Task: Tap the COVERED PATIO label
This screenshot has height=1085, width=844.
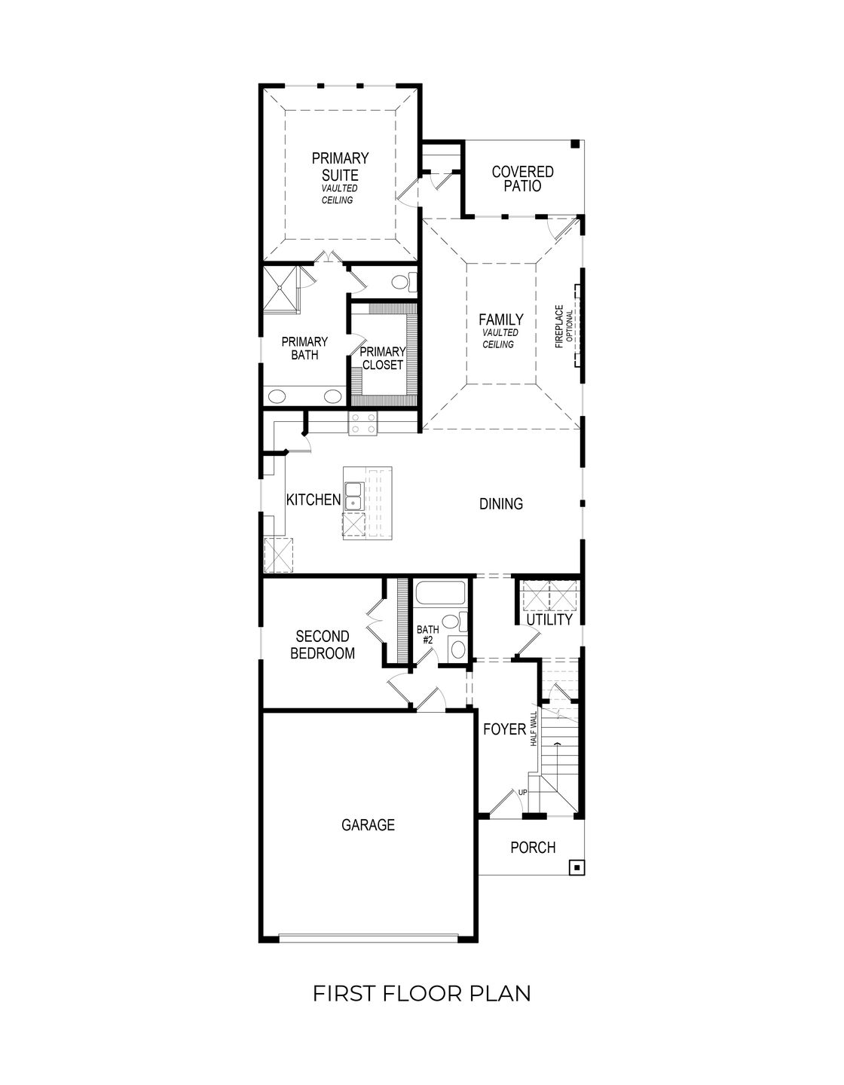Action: coord(522,179)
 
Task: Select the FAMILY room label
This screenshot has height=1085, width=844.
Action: coord(500,320)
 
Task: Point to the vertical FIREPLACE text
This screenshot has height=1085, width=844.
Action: coord(559,326)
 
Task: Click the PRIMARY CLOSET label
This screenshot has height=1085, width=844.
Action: coord(382,358)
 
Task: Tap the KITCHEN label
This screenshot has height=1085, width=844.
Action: coord(313,500)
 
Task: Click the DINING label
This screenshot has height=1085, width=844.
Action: coord(501,504)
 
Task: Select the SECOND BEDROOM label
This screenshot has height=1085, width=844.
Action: coord(323,645)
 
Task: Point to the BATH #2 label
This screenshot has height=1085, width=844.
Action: coord(427,634)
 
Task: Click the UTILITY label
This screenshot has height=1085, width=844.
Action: coord(549,619)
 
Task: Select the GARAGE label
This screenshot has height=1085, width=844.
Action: coord(368,825)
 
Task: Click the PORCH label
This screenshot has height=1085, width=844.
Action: coord(533,848)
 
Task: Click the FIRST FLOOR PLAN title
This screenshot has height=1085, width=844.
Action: coord(421,993)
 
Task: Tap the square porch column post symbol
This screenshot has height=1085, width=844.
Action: coord(576,867)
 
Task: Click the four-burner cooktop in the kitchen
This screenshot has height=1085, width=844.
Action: coord(362,423)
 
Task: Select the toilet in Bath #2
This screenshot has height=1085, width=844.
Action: coord(451,622)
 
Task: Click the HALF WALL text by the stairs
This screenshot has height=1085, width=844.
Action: coord(534,728)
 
